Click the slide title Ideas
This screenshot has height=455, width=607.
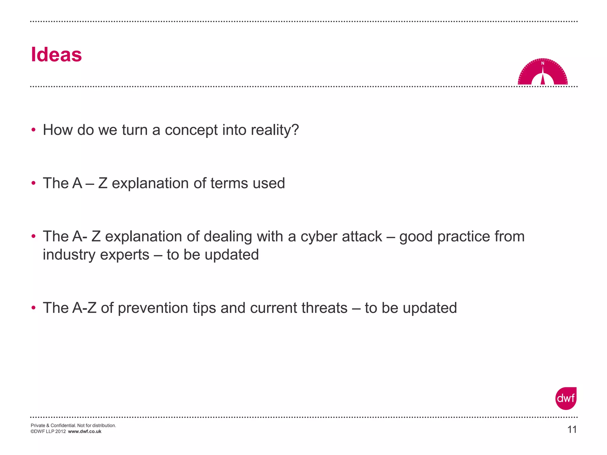click(56, 55)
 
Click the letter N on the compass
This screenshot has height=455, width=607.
click(543, 63)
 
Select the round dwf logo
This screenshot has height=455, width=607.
click(566, 398)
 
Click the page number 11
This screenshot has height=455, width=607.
click(572, 429)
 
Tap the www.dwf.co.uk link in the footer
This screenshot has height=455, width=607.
click(84, 432)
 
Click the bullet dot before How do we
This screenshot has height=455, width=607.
click(33, 130)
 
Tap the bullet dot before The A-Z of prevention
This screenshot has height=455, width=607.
click(33, 307)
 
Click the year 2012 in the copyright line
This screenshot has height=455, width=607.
click(60, 432)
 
